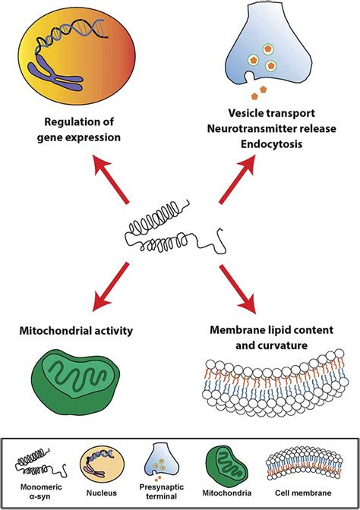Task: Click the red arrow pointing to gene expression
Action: tap(111, 179)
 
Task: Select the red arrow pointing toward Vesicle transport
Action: tap(237, 179)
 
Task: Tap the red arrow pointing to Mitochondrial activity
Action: tap(111, 287)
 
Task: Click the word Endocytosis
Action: tap(271, 144)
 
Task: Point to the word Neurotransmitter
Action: tap(249, 128)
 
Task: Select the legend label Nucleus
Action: tap(101, 493)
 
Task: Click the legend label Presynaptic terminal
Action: tap(162, 492)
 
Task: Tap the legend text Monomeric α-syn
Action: tap(41, 492)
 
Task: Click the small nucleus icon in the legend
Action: tap(102, 466)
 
